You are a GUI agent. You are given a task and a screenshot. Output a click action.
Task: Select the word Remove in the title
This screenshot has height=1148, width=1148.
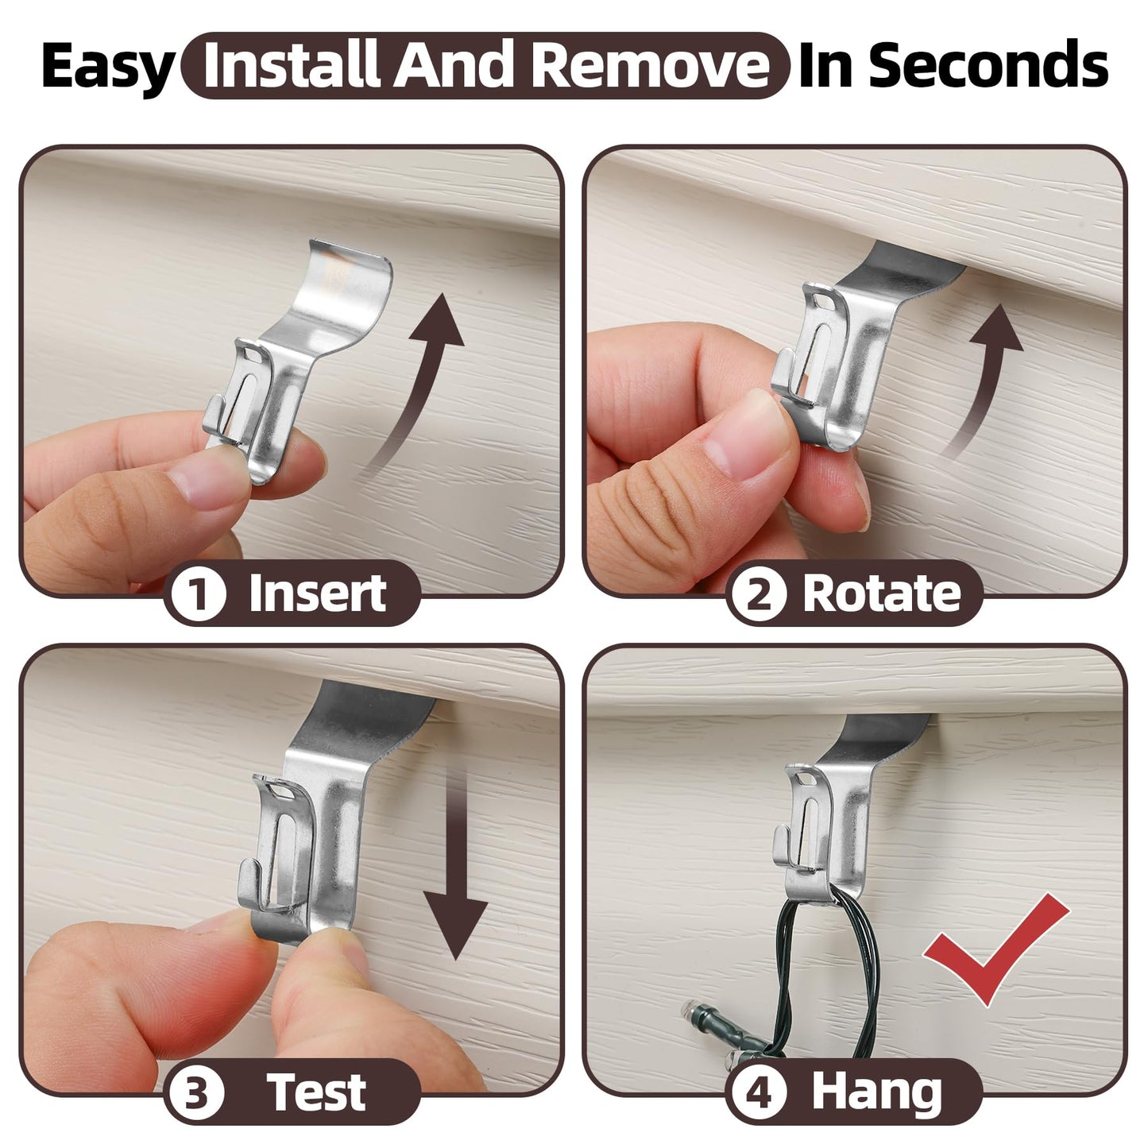click(651, 65)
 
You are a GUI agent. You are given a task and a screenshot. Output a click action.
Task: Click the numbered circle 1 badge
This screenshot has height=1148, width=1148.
click(198, 593)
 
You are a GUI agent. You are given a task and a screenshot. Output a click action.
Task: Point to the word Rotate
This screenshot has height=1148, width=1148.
click(882, 593)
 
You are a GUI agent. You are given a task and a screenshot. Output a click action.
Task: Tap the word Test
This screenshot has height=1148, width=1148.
click(315, 1092)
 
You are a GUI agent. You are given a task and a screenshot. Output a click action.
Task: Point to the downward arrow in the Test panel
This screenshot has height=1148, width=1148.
click(456, 871)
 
